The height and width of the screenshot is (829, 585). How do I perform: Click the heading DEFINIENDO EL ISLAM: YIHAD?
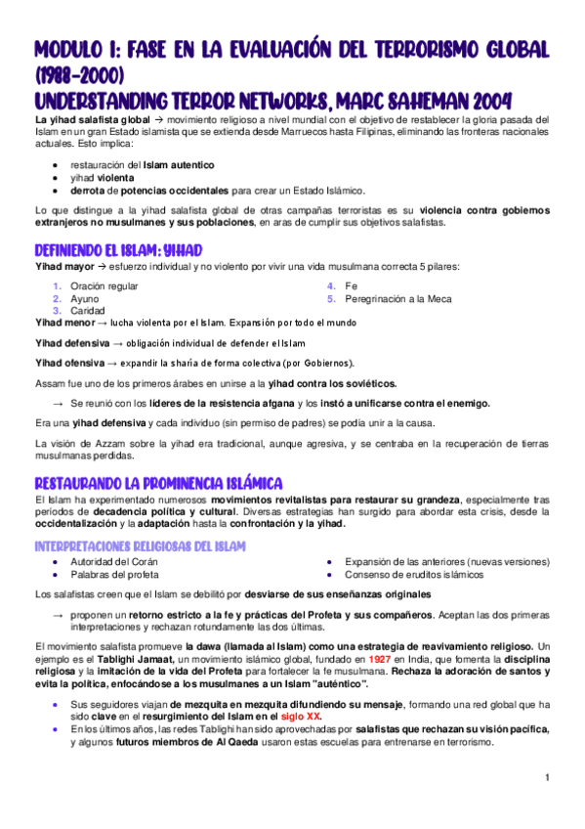[x=118, y=248]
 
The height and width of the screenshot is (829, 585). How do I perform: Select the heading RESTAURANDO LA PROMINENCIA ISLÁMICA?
[x=158, y=483]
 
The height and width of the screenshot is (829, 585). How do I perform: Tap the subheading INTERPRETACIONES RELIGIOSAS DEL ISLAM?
[x=140, y=545]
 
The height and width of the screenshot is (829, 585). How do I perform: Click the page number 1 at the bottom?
[x=549, y=777]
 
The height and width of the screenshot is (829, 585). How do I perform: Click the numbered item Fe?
[x=351, y=285]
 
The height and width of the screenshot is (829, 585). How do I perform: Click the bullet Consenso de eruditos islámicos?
[x=415, y=574]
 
